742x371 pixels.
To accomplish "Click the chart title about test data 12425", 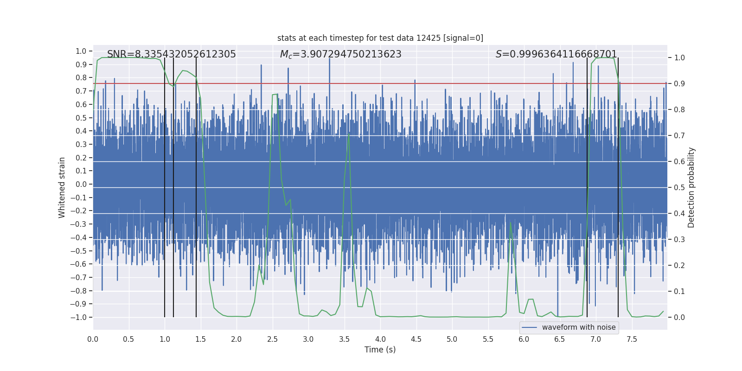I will point(380,38).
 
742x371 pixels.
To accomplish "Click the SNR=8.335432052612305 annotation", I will point(171,54).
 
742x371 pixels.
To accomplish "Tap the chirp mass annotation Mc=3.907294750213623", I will point(340,54).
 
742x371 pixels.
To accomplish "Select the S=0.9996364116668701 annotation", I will point(556,54).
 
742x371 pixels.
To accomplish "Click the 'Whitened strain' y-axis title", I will point(62,187).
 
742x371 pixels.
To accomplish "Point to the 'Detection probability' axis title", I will point(691,187).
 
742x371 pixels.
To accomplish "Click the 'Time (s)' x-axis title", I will point(380,350).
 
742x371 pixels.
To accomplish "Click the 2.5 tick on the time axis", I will point(272,339).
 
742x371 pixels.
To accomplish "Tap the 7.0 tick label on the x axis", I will point(595,339).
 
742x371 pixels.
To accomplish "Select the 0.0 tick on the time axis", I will point(93,339).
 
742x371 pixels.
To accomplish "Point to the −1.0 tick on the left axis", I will point(81,317).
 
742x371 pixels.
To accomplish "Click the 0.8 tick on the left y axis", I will point(82,78).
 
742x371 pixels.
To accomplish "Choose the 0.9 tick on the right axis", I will point(679,84).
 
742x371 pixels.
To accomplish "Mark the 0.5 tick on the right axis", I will point(679,188).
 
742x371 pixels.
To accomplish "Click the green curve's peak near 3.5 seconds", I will point(349,134).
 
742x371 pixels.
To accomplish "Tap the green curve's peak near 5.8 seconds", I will point(511,222).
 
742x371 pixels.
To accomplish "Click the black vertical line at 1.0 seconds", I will point(165,185).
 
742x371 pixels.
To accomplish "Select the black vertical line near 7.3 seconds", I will point(618,185).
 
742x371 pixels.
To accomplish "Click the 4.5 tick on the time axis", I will point(416,339).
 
